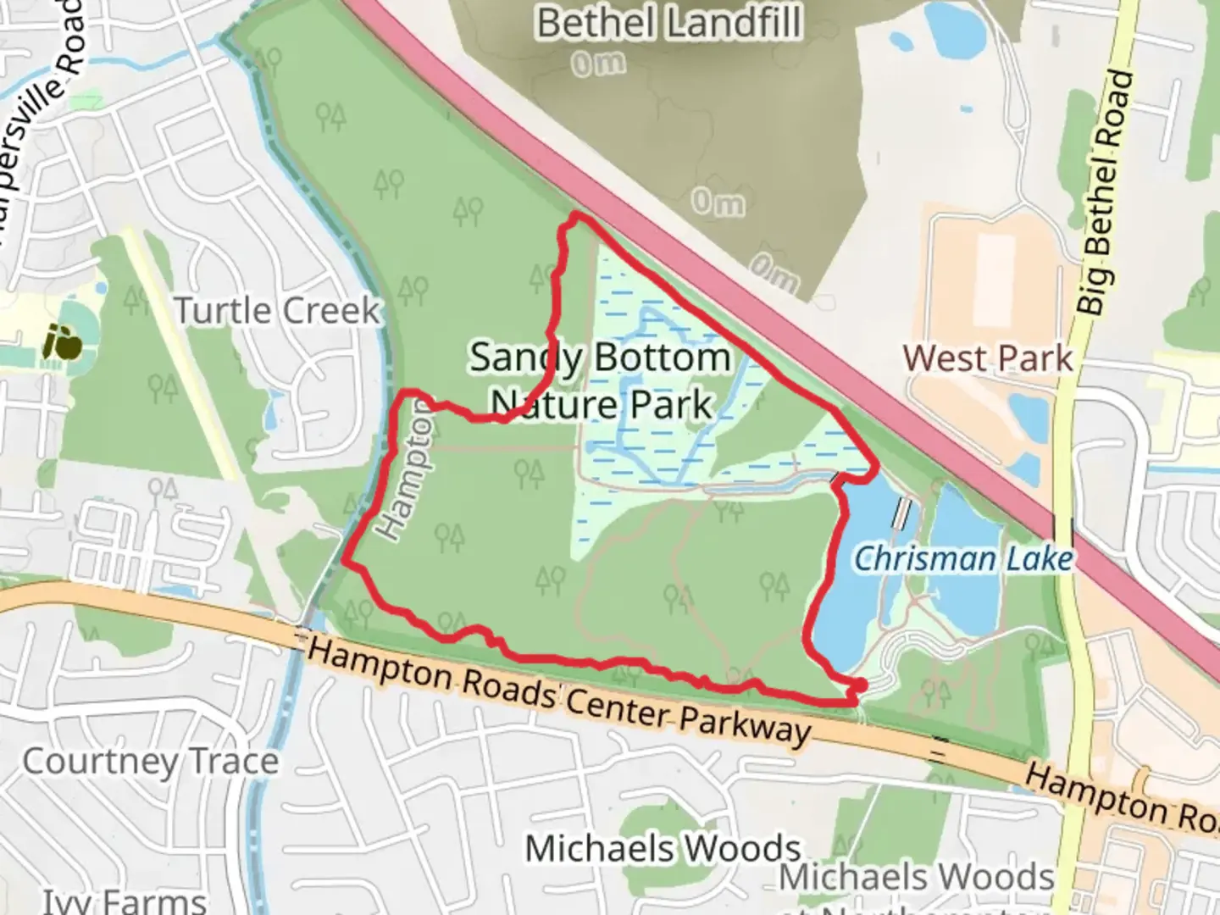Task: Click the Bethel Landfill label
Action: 669,22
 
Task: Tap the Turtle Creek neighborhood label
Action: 278,310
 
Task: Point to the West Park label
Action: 988,358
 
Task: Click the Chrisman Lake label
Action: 963,558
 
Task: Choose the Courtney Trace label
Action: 150,761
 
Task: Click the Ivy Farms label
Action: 125,900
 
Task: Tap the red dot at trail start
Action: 859,685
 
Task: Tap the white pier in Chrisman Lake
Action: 903,511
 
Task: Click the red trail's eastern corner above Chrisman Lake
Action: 873,466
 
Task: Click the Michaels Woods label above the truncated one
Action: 663,847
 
